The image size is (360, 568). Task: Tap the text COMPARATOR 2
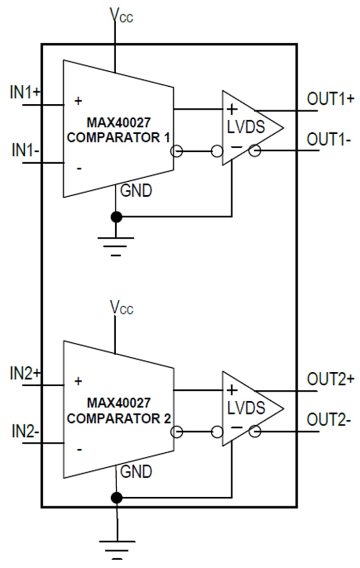(x=119, y=418)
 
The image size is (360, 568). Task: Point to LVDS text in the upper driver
(x=246, y=127)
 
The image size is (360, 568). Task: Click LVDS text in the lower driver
(x=246, y=408)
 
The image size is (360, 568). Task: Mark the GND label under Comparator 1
(x=136, y=191)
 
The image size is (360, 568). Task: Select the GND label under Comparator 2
(x=136, y=471)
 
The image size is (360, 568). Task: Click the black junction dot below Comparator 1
(x=117, y=216)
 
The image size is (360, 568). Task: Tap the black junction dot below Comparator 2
(x=117, y=498)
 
